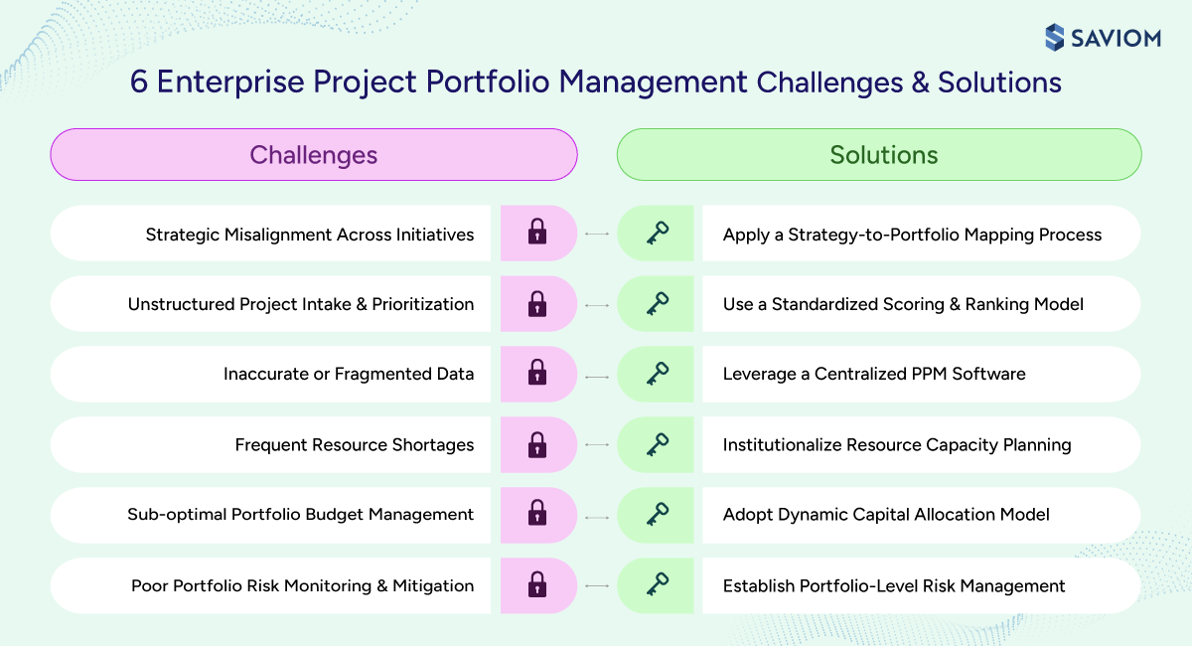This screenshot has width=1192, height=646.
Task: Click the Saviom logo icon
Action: coord(1055,38)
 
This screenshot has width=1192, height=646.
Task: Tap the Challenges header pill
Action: coord(313,155)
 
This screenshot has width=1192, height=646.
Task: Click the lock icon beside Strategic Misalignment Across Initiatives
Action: coord(537,234)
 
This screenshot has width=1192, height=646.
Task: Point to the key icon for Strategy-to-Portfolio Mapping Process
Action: coord(657,234)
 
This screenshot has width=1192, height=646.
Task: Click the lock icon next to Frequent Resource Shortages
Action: coord(537,444)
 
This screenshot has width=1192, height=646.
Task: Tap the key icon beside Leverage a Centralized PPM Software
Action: coord(657,374)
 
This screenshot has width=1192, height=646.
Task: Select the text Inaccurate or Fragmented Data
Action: coord(349,374)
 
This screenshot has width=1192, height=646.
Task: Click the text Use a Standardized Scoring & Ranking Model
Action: coord(903,304)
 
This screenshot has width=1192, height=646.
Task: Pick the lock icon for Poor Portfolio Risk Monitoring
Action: coord(537,585)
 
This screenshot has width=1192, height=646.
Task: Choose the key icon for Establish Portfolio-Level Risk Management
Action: coord(657,585)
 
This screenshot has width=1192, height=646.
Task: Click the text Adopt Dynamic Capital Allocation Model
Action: coord(886,515)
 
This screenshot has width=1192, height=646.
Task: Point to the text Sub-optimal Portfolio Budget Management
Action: coord(300,515)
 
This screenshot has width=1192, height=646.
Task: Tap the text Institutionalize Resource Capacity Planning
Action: coord(897,444)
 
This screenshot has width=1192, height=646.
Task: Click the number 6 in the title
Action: coord(139,81)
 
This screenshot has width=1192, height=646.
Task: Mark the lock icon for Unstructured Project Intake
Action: coord(537,304)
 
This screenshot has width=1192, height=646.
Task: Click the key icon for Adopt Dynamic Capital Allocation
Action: coord(657,515)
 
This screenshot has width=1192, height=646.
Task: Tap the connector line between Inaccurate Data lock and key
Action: coord(597,375)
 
